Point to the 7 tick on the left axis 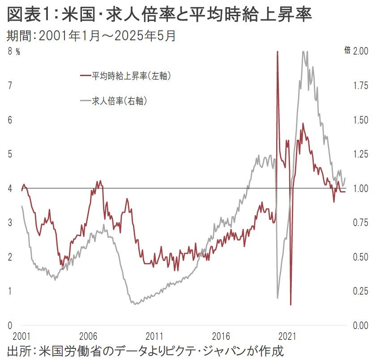pos(10,85)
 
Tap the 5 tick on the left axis pos(10,154)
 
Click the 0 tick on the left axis pos(10,325)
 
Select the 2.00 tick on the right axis pos(361,51)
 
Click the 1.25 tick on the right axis pos(361,154)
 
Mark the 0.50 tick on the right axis pos(361,257)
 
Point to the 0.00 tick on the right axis pos(361,325)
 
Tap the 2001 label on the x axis pos(21,336)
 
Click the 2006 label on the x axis pos(88,336)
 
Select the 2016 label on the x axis pos(221,336)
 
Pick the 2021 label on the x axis pos(287,336)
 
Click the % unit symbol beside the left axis pos(18,51)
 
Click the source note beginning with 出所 pos(145,350)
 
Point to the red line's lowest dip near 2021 pos(291,304)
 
